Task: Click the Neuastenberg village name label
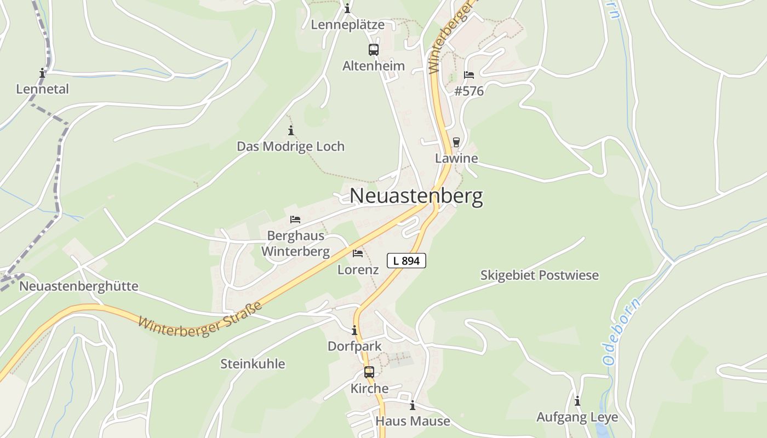(x=416, y=196)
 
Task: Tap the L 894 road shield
(x=407, y=261)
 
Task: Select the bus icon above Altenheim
(x=374, y=50)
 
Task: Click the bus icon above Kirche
(x=369, y=372)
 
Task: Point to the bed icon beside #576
(x=468, y=75)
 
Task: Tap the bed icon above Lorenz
(x=358, y=253)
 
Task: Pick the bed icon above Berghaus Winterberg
(x=295, y=220)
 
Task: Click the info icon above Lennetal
(x=42, y=73)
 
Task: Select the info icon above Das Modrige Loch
(x=291, y=130)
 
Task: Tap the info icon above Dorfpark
(x=354, y=330)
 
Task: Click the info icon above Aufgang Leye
(x=577, y=401)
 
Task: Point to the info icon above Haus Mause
(x=413, y=405)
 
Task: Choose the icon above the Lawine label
(x=456, y=142)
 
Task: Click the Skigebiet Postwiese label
(x=540, y=275)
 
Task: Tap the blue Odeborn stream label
(x=621, y=332)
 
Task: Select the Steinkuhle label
(x=253, y=364)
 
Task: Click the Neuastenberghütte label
(x=79, y=286)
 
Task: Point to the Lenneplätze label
(x=347, y=25)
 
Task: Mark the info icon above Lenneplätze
(x=347, y=9)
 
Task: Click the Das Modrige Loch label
(x=290, y=146)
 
